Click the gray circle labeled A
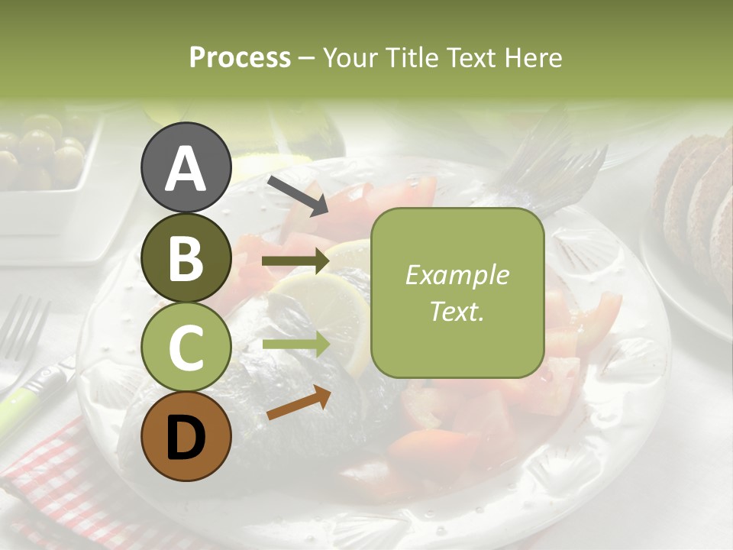(186, 168)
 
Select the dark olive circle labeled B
(186, 258)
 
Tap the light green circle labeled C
(186, 348)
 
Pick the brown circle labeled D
(186, 437)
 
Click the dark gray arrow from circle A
(298, 196)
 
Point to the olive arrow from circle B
(295, 262)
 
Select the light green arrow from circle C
(295, 344)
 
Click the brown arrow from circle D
(299, 403)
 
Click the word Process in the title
(240, 57)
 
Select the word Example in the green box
(457, 275)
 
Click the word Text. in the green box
(457, 311)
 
